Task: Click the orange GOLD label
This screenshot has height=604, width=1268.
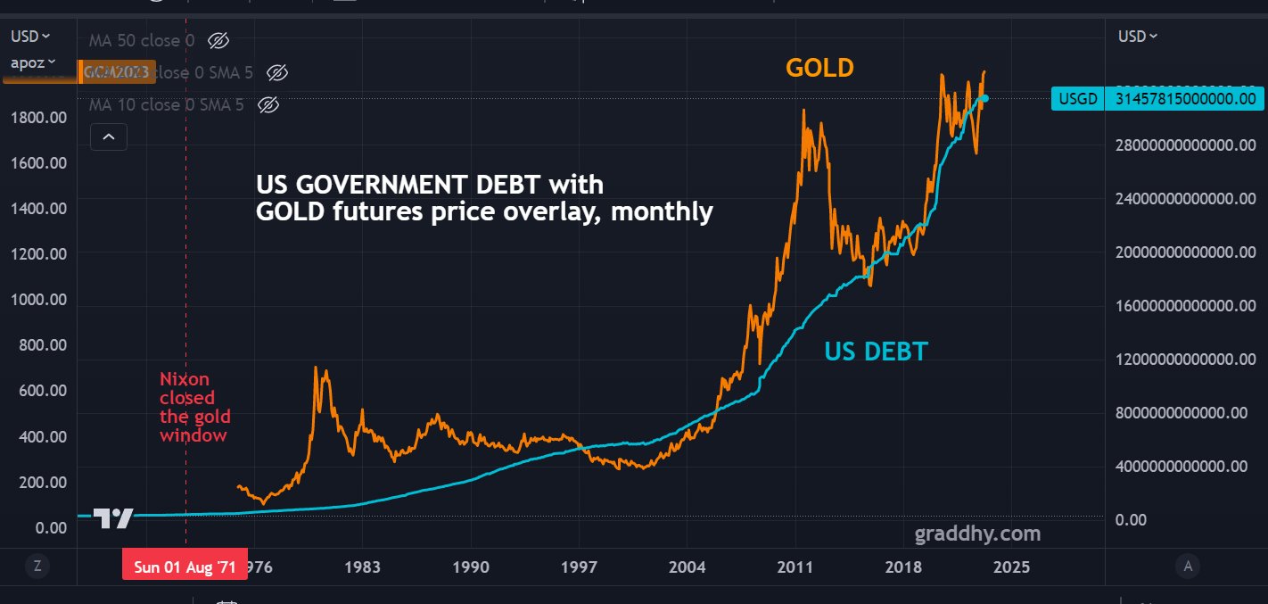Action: [819, 68]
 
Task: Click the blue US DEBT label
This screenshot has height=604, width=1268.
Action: [876, 352]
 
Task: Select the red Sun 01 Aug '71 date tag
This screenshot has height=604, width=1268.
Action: [185, 567]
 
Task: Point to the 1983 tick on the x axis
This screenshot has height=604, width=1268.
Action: [363, 567]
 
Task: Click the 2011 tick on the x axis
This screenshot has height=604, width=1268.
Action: [795, 567]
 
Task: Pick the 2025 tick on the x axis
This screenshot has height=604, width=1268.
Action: [1011, 567]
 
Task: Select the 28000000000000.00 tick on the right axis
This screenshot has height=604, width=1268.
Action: [1186, 145]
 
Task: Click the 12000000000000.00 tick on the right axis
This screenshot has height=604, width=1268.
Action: [1186, 359]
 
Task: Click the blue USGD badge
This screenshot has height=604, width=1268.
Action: [1076, 99]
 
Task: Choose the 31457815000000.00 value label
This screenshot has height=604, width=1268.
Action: [1185, 99]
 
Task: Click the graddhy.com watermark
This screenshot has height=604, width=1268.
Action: [977, 534]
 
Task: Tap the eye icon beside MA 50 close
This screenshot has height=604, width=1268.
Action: [218, 40]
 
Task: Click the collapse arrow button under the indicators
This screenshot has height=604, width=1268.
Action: [109, 137]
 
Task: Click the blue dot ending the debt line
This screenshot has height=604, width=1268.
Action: [984, 98]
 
